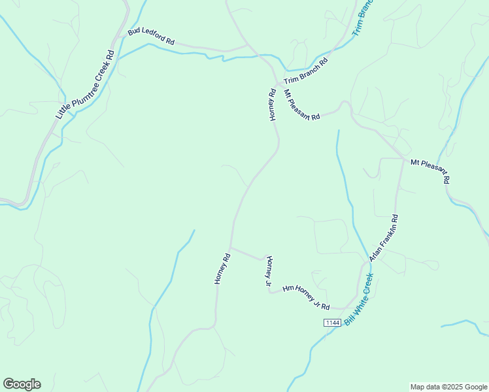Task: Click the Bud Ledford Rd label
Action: click(151, 37)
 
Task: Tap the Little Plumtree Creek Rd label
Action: click(85, 85)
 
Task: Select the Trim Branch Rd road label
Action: click(305, 71)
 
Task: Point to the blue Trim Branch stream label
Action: click(362, 18)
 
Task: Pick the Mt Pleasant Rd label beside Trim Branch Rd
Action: click(301, 105)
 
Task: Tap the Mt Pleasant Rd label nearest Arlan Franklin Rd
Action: click(430, 170)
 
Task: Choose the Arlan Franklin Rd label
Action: click(384, 237)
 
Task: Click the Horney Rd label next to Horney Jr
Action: click(222, 269)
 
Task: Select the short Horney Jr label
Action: click(268, 272)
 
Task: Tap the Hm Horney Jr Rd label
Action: click(305, 297)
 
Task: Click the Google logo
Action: click(22, 384)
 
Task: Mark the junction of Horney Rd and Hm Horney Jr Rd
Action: click(231, 248)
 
